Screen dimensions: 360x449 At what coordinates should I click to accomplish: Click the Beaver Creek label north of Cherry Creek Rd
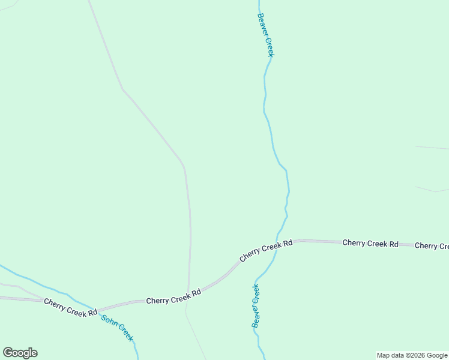tap(266, 35)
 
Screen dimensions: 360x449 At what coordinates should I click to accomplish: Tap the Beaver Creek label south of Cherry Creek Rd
tap(256, 305)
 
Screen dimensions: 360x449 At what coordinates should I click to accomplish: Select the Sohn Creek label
tap(117, 328)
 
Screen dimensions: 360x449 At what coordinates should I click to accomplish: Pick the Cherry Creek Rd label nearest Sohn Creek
tap(70, 307)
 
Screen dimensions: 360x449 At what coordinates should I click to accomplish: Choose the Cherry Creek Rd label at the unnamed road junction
tap(173, 297)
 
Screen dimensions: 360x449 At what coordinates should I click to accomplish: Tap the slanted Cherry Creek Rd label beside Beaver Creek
tap(266, 250)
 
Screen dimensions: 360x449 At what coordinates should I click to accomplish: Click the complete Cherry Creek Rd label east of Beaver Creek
tap(370, 244)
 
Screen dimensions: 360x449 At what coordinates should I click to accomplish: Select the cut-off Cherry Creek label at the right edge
tap(432, 246)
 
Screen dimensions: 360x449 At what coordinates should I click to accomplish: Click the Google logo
tap(20, 353)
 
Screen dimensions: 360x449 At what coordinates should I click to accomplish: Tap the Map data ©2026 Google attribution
tap(412, 356)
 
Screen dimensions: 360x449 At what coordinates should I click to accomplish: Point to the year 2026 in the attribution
tap(419, 356)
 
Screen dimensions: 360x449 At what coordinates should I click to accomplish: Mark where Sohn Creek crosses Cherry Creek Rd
tap(96, 311)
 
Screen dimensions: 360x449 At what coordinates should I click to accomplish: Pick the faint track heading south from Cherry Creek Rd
tap(195, 333)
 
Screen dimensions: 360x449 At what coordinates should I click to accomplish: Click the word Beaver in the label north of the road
tap(262, 24)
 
